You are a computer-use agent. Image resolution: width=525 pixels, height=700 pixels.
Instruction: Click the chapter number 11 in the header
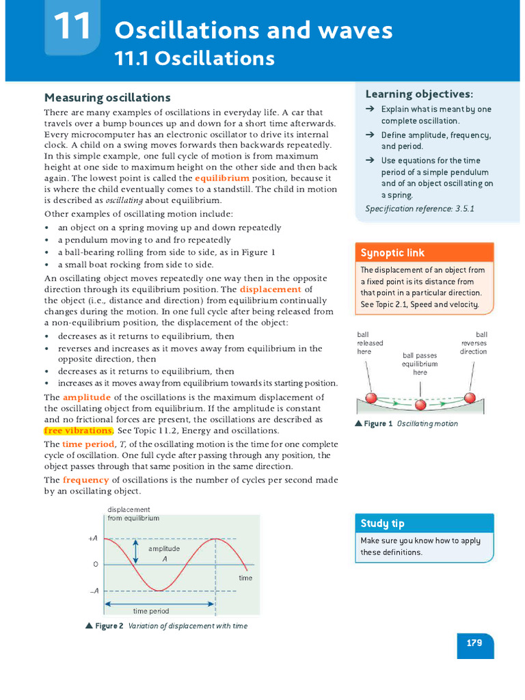point(72,27)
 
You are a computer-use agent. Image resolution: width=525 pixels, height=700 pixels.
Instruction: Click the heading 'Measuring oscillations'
point(107,98)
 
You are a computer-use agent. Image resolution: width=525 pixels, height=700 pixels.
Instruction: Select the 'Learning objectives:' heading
point(419,94)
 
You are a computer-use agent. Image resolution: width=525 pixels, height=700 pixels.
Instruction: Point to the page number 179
point(474,643)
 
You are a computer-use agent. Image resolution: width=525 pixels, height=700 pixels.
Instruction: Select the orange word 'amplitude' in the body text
point(87,397)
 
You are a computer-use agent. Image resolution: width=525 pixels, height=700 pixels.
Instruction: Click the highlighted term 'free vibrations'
point(78,431)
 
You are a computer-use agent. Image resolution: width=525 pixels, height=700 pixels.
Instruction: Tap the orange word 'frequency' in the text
point(87,480)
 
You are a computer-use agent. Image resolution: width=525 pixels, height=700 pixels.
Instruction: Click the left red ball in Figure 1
point(371,398)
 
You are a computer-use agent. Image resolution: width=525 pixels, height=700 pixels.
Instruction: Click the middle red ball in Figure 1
point(420,405)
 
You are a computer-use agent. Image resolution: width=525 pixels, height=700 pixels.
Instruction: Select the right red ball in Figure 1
point(470,398)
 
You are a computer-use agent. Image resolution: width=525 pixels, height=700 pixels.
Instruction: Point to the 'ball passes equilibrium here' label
point(420,364)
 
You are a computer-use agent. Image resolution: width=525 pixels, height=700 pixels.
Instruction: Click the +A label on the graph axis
point(93,539)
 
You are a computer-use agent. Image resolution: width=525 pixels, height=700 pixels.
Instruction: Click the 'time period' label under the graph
point(150,611)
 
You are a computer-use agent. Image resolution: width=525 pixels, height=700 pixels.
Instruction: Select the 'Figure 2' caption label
point(109,626)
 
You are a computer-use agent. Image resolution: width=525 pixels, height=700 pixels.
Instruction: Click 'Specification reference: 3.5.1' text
point(419,208)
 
